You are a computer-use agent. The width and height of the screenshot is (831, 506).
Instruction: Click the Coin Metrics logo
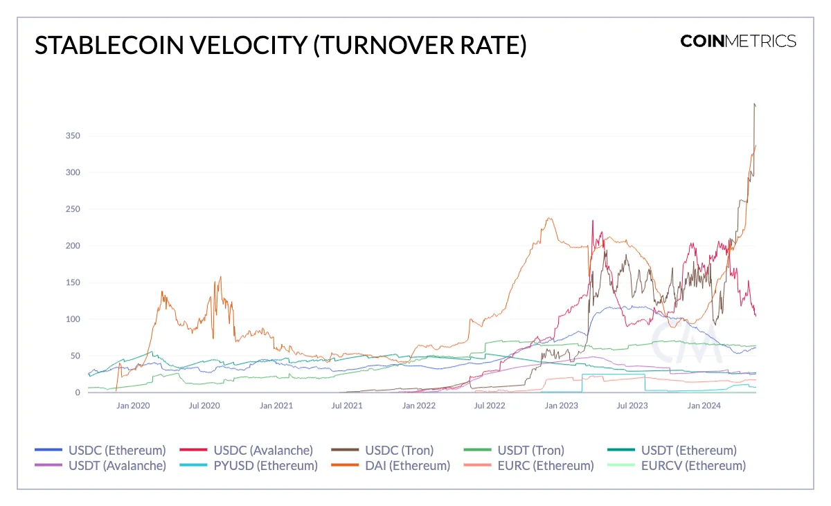click(738, 41)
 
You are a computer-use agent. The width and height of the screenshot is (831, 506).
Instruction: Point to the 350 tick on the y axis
click(73, 136)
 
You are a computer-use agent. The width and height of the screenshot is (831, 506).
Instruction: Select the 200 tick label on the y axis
click(73, 246)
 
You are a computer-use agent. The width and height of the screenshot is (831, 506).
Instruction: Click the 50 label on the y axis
click(75, 356)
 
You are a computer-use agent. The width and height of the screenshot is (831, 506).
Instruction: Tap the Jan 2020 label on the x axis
click(132, 406)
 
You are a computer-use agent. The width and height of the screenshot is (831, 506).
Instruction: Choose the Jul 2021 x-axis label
click(347, 406)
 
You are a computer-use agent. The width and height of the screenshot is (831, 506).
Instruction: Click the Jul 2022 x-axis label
click(490, 406)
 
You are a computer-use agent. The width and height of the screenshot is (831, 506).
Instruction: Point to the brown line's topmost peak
click(754, 104)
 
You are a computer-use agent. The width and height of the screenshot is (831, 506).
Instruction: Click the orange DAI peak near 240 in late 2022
click(549, 219)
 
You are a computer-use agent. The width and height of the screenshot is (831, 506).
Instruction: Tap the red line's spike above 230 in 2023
click(593, 221)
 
